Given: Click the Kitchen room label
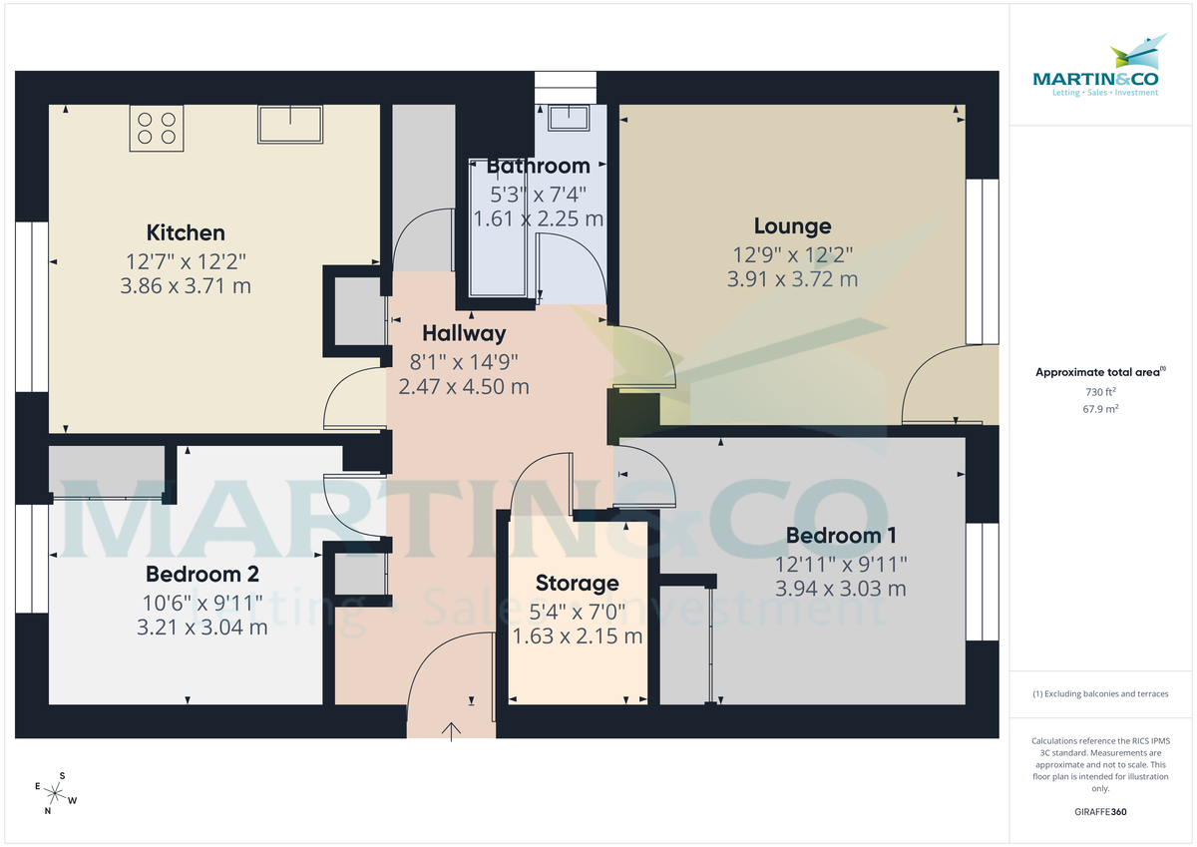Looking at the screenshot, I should point(186,233).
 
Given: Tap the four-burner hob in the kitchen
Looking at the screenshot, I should point(157,129).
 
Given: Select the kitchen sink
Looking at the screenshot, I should point(290,124).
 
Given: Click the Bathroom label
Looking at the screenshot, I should point(538,167).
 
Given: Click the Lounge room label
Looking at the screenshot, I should point(792,226).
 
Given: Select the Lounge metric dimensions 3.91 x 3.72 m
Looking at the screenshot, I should point(792,279).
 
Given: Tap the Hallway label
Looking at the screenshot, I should point(463,333).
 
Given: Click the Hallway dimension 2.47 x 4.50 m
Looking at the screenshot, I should point(463,386).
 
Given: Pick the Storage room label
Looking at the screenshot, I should point(577,584).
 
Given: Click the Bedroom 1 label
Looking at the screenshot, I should point(841,536).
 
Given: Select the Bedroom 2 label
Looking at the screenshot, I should point(201,575).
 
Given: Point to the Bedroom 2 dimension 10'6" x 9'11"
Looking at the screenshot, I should point(201,602).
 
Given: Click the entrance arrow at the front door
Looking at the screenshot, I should point(452,731).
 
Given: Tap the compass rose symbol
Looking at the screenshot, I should point(56,794).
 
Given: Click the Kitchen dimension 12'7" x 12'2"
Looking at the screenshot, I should point(186,261).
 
